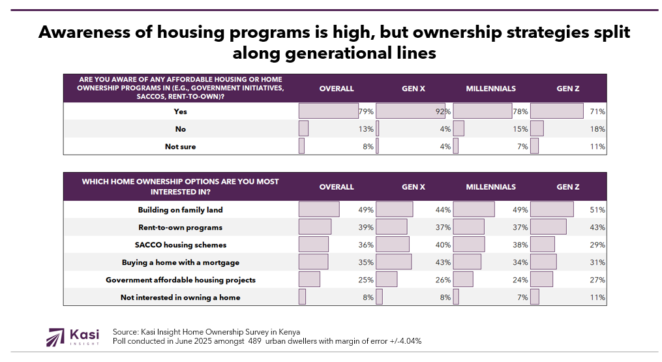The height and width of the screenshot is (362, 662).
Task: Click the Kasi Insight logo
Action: pos(72,337)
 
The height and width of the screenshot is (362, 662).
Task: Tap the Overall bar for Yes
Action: pos(329,112)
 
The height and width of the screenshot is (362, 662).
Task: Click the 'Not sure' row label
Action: pos(180,147)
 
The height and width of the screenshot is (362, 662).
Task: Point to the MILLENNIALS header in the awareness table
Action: pos(490,89)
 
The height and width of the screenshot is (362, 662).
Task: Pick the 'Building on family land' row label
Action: pos(180,210)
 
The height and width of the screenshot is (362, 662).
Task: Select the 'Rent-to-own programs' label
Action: pos(180,228)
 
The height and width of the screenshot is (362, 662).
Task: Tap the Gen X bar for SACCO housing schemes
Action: pos(393,245)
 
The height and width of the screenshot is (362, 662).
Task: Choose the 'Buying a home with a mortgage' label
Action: pos(180,262)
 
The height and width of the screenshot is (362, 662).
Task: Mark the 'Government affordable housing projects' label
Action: pos(180,280)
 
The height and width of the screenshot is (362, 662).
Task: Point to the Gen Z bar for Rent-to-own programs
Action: pos(549,228)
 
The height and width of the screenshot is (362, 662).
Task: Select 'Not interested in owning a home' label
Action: pos(180,297)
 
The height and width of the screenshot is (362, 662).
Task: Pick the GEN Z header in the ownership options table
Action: pos(567,187)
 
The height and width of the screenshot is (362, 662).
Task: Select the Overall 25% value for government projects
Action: pos(366,280)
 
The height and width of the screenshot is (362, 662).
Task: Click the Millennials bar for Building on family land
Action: pos(474,210)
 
